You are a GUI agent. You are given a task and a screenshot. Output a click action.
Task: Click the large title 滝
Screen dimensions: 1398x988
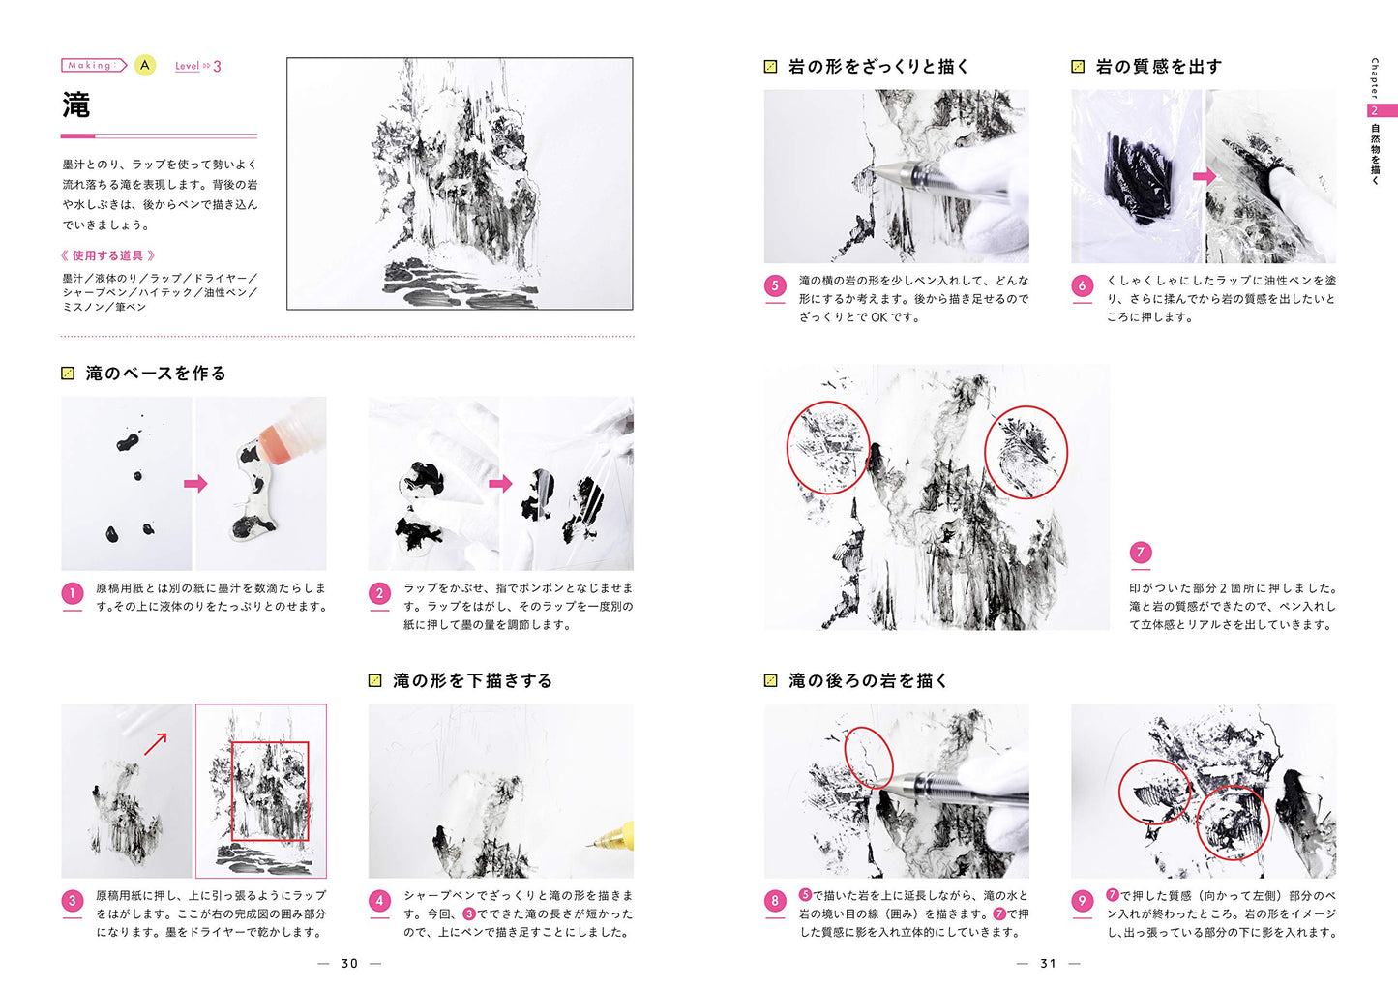click(76, 105)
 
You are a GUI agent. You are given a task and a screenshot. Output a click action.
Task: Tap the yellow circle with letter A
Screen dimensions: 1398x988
click(145, 65)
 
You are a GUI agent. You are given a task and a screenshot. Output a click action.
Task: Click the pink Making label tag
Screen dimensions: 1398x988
click(94, 65)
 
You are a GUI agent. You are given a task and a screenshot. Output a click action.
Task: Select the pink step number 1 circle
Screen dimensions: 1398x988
click(73, 593)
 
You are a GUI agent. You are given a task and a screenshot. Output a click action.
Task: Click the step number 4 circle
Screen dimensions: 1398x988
click(379, 901)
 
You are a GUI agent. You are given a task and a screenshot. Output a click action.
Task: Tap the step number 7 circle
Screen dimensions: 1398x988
click(1141, 552)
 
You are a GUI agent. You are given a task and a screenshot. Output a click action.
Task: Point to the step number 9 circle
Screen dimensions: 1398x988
click(1083, 901)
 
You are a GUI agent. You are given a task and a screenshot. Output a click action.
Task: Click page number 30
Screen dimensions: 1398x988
click(349, 964)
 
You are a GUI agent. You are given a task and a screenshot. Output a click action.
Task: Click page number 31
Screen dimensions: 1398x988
click(1048, 964)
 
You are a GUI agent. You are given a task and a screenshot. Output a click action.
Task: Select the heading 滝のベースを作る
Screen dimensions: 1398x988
click(156, 374)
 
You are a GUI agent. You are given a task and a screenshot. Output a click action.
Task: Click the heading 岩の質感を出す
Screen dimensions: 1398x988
click(1158, 66)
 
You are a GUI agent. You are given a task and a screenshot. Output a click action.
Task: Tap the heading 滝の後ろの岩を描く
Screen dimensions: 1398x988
click(868, 680)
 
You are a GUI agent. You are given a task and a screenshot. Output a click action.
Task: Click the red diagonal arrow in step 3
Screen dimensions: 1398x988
click(156, 744)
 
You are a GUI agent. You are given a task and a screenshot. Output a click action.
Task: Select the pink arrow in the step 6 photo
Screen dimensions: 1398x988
click(1205, 176)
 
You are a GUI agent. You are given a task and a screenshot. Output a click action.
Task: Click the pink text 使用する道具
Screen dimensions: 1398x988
click(107, 255)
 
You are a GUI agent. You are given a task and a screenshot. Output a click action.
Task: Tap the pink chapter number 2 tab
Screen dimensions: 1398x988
click(1382, 110)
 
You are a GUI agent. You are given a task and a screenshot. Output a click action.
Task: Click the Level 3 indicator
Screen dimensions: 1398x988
click(197, 66)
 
